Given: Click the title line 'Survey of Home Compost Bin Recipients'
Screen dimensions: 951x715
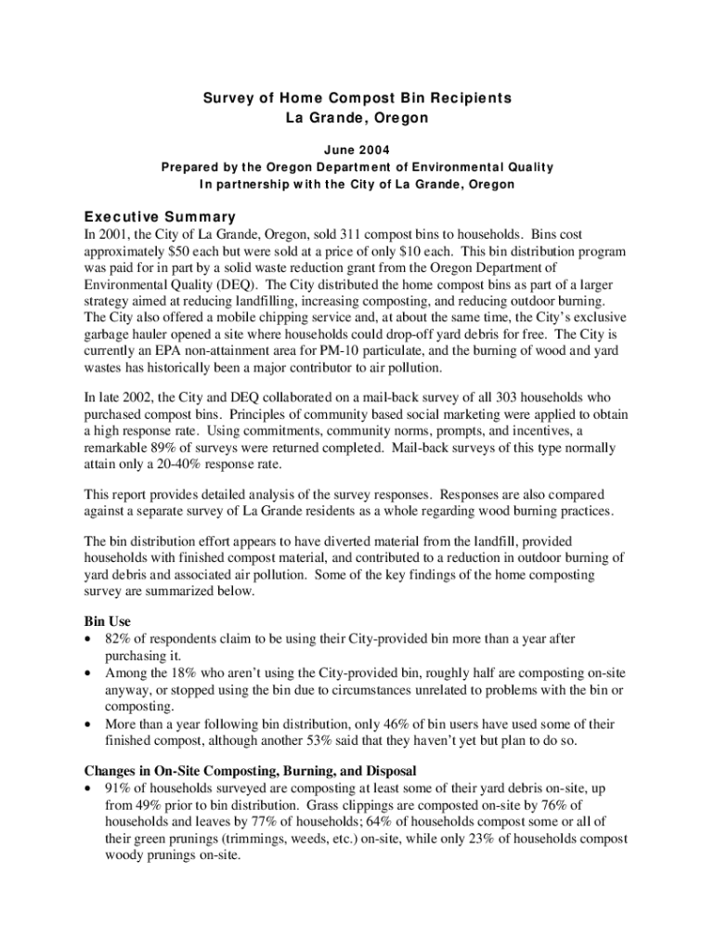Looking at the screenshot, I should click(x=357, y=98).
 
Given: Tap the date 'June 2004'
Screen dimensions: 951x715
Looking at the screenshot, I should click(x=357, y=149).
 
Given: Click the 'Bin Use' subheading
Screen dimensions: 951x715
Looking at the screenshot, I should click(x=108, y=621).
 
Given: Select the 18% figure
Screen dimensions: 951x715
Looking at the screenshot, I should click(x=190, y=672).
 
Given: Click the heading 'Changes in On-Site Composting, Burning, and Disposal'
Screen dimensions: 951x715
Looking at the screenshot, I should click(x=251, y=771).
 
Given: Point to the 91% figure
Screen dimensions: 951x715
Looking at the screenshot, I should click(x=118, y=788).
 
